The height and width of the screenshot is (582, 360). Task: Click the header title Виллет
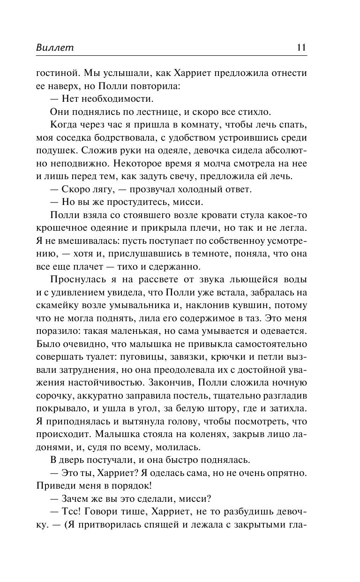click(x=55, y=48)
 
